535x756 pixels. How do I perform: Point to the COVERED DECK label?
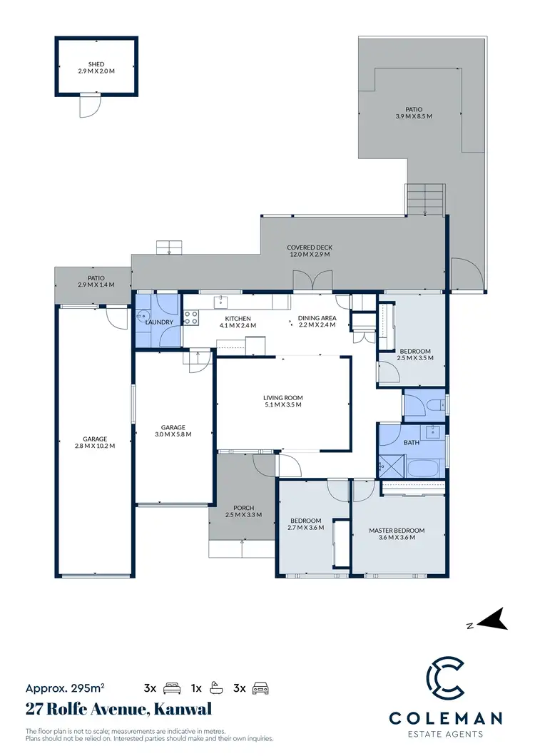point(310,247)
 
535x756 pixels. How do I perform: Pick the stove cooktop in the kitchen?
point(191,317)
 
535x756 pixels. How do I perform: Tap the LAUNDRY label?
point(159,322)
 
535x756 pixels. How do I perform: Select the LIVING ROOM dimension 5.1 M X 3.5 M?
point(283,405)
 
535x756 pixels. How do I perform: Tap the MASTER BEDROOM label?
point(397,530)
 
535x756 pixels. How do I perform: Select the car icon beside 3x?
point(261,688)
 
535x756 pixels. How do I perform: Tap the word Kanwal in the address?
point(178,710)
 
